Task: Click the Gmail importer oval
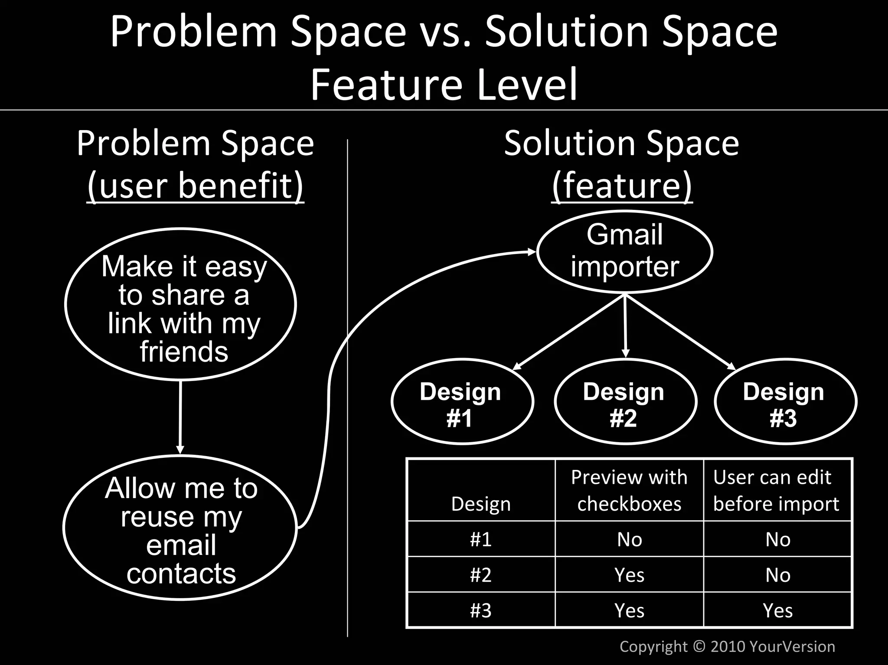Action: tap(625, 251)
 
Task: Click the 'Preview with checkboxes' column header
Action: tap(629, 490)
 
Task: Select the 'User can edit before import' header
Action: tap(776, 490)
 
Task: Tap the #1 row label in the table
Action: tap(481, 539)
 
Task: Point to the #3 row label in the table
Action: tap(481, 610)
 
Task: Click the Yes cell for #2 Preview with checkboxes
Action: tap(629, 575)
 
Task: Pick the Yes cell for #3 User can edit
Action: tap(777, 610)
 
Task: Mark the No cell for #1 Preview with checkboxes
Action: tap(629, 539)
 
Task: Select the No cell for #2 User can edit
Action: tap(777, 575)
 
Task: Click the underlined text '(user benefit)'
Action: tap(196, 185)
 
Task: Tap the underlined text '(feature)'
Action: tap(622, 185)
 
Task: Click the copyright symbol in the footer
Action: tap(699, 646)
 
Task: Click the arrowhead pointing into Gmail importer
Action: tap(532, 252)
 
